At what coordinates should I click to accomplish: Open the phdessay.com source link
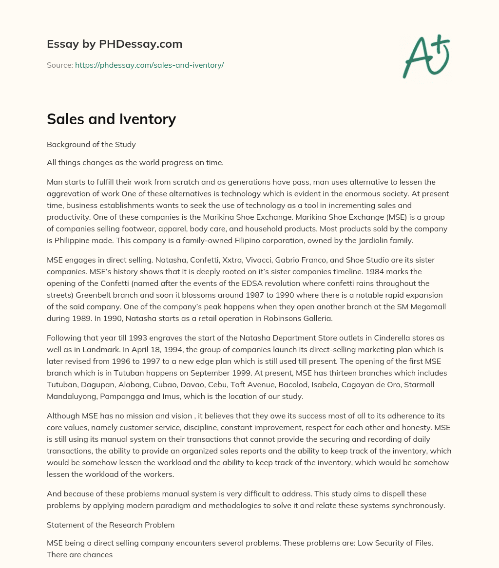(x=149, y=65)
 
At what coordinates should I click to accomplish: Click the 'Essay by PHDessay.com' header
(x=115, y=44)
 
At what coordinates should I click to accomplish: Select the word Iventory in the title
(x=145, y=119)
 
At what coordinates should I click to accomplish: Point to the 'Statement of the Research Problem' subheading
(x=110, y=525)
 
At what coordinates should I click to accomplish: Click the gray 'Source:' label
(x=59, y=65)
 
